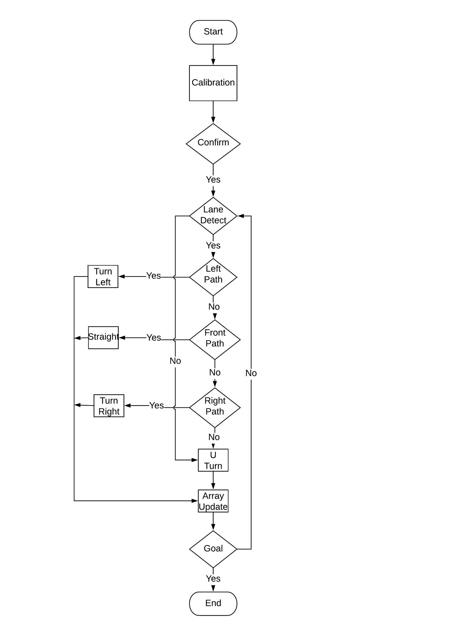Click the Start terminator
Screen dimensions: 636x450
[x=213, y=32]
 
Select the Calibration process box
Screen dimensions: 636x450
[x=213, y=83]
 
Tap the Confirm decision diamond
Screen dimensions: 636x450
[x=213, y=143]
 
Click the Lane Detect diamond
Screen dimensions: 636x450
[x=213, y=216]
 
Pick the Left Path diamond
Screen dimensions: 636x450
[x=213, y=277]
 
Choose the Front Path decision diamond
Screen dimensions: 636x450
[x=215, y=339]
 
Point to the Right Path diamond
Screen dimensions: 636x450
[x=215, y=407]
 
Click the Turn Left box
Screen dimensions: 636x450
[x=103, y=276]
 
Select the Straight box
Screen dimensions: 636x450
[x=103, y=338]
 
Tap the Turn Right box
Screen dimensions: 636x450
[x=109, y=406]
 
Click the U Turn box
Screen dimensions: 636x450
[x=213, y=460]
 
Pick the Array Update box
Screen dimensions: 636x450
[x=213, y=501]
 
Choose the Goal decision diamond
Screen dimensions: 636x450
[x=213, y=549]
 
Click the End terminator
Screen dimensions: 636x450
[x=213, y=603]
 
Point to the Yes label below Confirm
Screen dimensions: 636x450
[x=213, y=179]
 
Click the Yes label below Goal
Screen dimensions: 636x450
[x=213, y=579]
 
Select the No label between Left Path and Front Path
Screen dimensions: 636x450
[x=214, y=307]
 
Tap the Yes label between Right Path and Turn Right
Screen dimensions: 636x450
[x=157, y=405]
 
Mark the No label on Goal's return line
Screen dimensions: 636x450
[x=251, y=373]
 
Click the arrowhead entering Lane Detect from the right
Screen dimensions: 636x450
[x=240, y=216]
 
